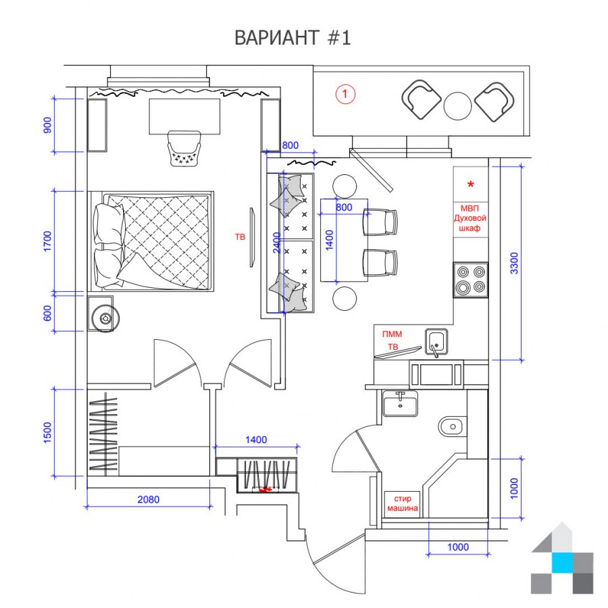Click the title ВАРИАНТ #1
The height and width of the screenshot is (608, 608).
click(x=293, y=38)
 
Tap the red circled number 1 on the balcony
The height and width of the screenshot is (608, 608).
click(x=345, y=94)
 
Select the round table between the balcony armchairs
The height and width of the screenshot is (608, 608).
click(x=457, y=106)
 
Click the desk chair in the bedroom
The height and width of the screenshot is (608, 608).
click(x=184, y=149)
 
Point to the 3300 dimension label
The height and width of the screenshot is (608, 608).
click(x=514, y=263)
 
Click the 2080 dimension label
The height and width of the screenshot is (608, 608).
click(x=149, y=499)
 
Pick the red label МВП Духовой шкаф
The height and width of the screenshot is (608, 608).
click(x=470, y=218)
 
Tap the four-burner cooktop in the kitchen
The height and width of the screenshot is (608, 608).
click(x=471, y=280)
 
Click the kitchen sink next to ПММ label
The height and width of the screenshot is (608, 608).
click(x=436, y=342)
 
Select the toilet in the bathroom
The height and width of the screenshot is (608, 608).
click(x=453, y=427)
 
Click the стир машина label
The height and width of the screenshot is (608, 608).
click(x=403, y=503)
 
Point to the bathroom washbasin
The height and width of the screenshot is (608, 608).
click(x=400, y=403)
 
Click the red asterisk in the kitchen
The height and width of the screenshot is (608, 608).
click(x=471, y=184)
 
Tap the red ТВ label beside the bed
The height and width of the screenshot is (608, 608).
click(x=240, y=236)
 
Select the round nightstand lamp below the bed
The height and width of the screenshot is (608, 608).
click(x=105, y=318)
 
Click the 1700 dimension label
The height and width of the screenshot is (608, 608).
click(x=47, y=241)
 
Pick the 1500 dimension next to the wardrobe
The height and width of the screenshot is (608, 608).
click(x=47, y=433)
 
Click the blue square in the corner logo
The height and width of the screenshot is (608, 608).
click(x=562, y=563)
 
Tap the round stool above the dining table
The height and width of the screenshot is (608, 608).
click(x=345, y=186)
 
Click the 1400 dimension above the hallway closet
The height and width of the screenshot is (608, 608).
click(x=256, y=440)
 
